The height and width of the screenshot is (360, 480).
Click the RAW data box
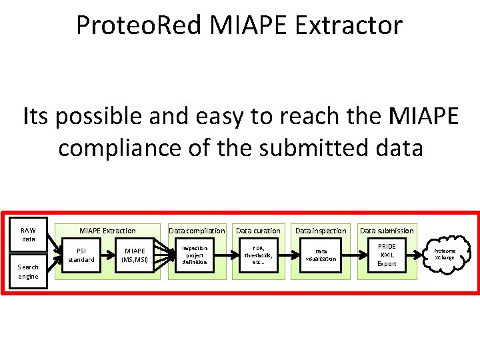pos(29,234)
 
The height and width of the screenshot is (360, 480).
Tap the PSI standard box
pos(81,255)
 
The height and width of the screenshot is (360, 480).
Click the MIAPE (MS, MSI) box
pos(135,255)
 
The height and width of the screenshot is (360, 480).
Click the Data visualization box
pos(321,255)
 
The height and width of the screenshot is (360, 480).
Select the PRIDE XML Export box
pos(387,255)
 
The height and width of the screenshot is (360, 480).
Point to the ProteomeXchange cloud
pos(445,254)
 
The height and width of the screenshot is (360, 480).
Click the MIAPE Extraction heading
pos(107,231)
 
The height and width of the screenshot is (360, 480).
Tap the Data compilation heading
pos(197,231)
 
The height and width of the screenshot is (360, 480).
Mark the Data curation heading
pos(258,231)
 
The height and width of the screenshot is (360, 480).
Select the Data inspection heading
pos(321,231)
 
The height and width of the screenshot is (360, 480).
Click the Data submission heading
pos(387,231)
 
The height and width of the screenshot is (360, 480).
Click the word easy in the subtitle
pos(216,117)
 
